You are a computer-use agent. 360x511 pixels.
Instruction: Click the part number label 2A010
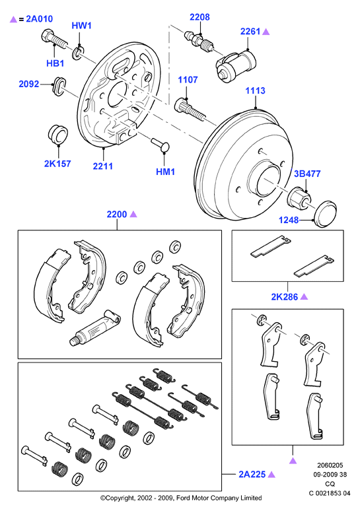click(39, 19)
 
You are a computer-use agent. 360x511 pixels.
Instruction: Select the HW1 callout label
click(81, 26)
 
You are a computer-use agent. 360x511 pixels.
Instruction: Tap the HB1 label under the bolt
click(55, 63)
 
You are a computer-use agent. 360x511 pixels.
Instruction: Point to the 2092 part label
click(28, 84)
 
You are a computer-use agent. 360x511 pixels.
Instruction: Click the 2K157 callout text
click(57, 163)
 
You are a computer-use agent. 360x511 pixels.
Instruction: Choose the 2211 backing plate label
click(103, 166)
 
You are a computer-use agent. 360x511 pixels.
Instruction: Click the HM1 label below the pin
click(165, 172)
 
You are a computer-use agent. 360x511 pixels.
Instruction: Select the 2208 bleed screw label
click(199, 17)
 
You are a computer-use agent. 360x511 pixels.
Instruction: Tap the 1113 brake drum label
click(256, 90)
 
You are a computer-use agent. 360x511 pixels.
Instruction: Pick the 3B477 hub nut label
click(307, 174)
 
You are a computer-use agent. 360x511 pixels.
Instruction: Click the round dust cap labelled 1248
click(324, 213)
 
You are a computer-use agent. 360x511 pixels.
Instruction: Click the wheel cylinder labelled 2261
click(236, 66)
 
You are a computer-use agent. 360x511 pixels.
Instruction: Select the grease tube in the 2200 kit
click(95, 327)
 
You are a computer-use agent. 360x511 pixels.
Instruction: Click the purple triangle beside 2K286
click(304, 296)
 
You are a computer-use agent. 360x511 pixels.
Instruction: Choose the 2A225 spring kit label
click(252, 474)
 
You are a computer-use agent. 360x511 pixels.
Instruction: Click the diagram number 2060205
click(330, 465)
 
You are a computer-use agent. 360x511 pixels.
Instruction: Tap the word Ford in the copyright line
click(184, 498)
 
